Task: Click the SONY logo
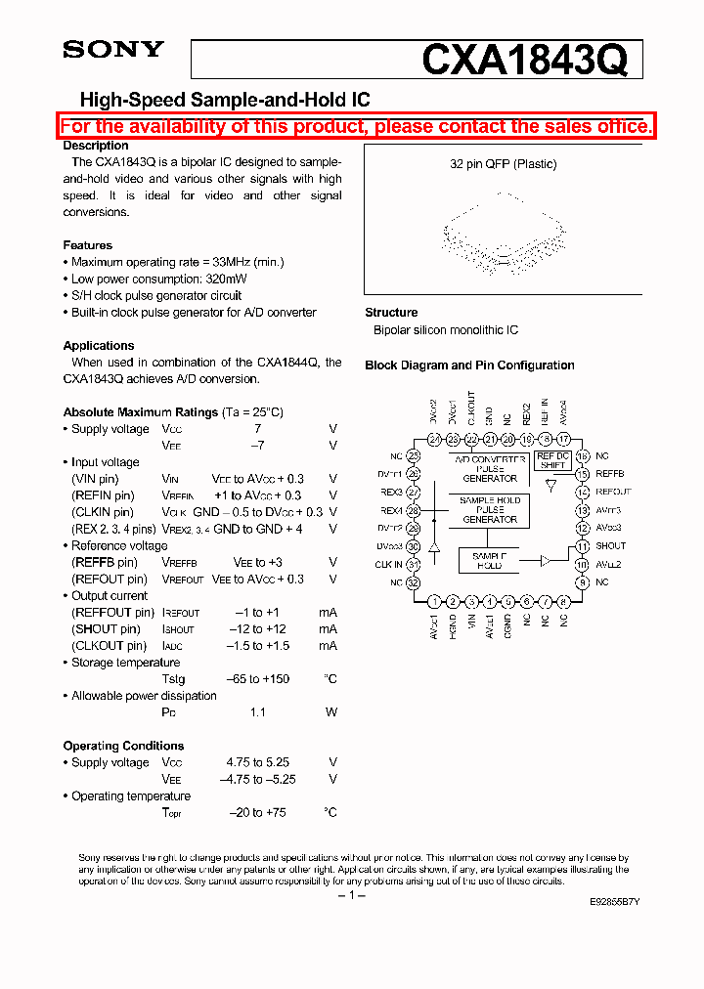pos(113,50)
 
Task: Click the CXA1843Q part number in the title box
pos(524,61)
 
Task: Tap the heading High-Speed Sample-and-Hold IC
pos(224,100)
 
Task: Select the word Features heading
pos(88,245)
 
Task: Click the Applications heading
pos(99,345)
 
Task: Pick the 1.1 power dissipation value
pos(257,711)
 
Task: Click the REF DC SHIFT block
pos(552,460)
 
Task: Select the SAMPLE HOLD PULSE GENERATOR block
pos(490,510)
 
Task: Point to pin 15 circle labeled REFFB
pos(583,474)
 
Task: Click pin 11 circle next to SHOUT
pos(583,546)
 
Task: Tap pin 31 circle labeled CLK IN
pos(414,564)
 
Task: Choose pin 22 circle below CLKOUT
pos(471,440)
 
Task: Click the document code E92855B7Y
pos(614,901)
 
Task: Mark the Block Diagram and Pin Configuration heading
pos(469,365)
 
